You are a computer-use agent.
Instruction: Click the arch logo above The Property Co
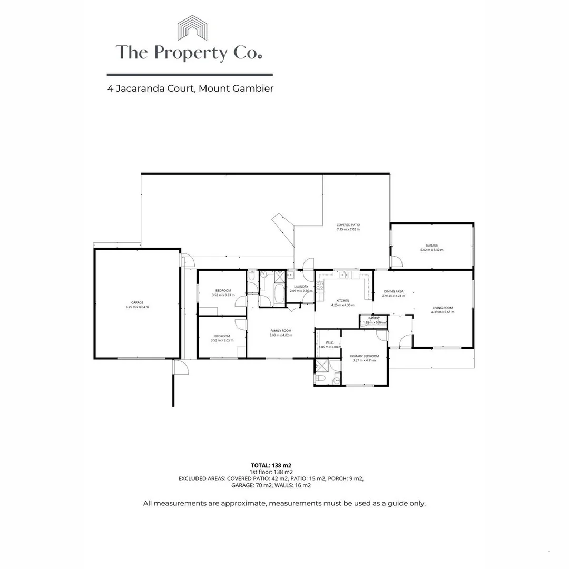point(192,28)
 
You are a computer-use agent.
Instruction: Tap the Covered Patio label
point(348,225)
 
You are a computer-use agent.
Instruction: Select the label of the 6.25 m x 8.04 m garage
point(137,302)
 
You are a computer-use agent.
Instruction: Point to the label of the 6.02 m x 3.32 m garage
point(431,246)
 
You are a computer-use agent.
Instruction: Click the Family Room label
point(280,330)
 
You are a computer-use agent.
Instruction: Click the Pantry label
point(374,318)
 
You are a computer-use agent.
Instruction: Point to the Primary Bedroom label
point(364,356)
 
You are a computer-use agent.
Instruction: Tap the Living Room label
point(442,308)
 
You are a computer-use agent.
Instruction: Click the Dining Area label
point(393,291)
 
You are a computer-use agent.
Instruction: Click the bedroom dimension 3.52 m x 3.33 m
point(223,295)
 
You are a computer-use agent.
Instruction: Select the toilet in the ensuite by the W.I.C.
point(320,378)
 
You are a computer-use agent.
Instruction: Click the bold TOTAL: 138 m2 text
point(271,465)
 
